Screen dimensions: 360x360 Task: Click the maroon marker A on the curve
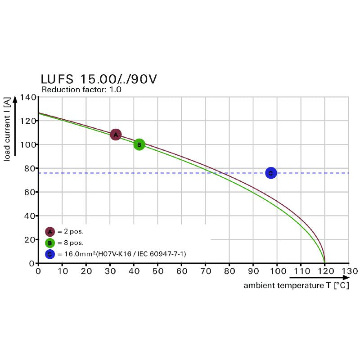coord(116,134)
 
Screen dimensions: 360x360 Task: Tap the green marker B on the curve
coord(139,144)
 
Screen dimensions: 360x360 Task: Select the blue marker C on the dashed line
coord(270,173)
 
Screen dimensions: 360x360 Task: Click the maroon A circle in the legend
coord(49,232)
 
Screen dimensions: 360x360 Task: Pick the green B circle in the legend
coord(49,243)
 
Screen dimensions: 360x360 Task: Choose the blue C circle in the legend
coord(49,254)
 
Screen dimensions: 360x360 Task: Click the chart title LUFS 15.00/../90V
coord(99,79)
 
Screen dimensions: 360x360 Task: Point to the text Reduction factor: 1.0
coord(81,90)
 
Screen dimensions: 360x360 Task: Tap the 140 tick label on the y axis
coord(28,97)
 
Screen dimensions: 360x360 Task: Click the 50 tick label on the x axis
coord(157,271)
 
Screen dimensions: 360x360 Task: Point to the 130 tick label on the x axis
coord(349,271)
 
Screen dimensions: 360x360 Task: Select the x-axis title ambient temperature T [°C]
coord(296,286)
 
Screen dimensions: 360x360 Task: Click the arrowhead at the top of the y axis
coord(15,99)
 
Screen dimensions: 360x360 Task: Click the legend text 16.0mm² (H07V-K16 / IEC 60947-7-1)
coord(122,254)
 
